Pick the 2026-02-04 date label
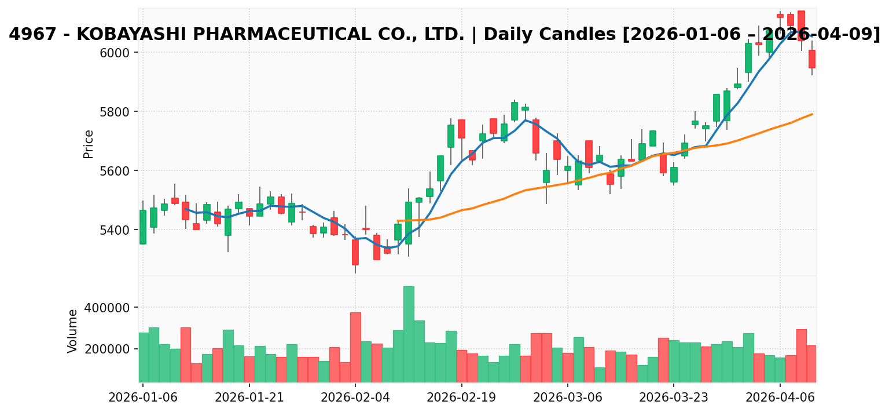(x=355, y=399)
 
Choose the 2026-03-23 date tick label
(x=674, y=399)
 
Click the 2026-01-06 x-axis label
(x=143, y=399)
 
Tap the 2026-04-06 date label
(x=780, y=399)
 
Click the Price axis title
(x=89, y=144)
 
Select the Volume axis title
(x=73, y=331)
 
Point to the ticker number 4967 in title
(x=28, y=35)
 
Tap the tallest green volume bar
(x=409, y=334)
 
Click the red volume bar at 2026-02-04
(x=355, y=347)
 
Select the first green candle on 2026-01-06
(x=143, y=227)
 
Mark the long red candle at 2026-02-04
(x=355, y=252)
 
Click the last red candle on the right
(x=812, y=59)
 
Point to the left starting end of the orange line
(x=398, y=221)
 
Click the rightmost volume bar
(x=812, y=364)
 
